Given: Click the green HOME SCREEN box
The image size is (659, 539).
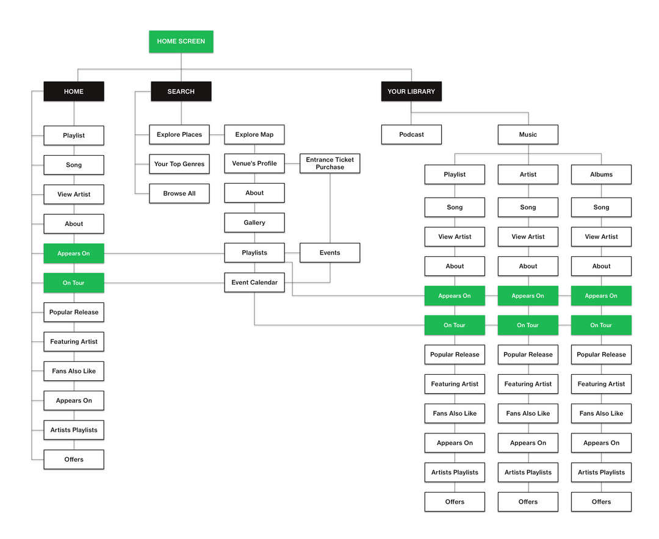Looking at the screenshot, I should point(181,42).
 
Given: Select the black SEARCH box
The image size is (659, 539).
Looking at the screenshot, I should point(181,92).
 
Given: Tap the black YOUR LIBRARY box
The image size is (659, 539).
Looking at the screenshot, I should point(411,92).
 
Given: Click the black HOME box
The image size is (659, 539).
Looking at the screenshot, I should point(74,92).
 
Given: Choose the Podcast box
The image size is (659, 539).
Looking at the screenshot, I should point(411,134).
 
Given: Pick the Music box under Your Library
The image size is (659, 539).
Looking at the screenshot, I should point(528,134).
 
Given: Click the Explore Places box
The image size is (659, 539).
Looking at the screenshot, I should point(179,134).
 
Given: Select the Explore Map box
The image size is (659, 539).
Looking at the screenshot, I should point(254,134).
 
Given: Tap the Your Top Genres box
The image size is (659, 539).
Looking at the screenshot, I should point(179,164).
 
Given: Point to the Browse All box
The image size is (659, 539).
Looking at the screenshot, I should point(179,194).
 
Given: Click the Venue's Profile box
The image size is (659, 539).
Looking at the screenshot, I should point(254,164).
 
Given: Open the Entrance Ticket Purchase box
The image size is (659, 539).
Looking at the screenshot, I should point(330,164).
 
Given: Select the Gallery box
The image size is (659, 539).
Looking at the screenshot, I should point(254,223).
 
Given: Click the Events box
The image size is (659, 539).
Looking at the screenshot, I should point(330,253).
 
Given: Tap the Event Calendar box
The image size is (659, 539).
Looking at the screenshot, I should point(254,283).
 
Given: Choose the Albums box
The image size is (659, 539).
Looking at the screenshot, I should point(601,175).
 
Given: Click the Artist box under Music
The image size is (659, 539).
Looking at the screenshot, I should point(528,175).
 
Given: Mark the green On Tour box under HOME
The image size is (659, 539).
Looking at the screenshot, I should point(74,283).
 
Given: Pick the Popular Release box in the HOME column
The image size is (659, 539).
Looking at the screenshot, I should point(74,313).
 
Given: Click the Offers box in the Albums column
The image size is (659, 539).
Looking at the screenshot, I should point(601,502).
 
